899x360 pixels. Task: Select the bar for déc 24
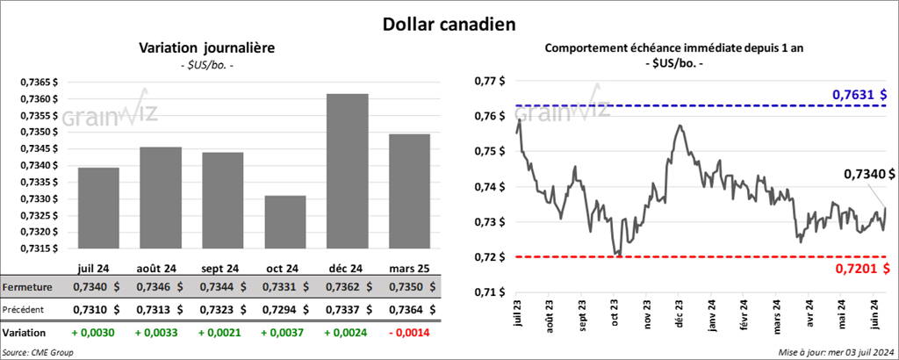point(347,171)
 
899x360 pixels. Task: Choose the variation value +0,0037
point(279,334)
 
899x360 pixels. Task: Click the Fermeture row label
point(27,287)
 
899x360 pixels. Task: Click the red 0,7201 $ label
point(859,269)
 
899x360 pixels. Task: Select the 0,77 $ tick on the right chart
point(490,81)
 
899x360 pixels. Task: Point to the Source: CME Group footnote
point(39,352)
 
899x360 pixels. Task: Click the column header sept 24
point(216,267)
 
